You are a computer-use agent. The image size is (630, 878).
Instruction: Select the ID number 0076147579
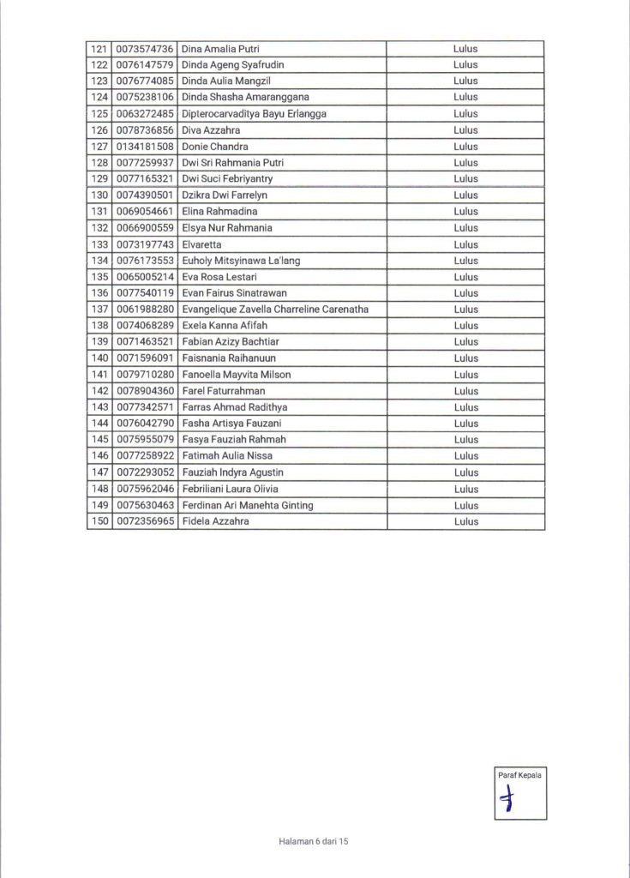coord(146,65)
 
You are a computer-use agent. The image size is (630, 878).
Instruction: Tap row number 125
coord(99,114)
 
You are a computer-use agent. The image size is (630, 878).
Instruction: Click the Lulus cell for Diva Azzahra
coord(465,130)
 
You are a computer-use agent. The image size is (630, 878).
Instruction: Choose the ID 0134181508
coord(146,147)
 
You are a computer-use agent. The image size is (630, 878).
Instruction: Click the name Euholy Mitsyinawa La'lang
coord(241,261)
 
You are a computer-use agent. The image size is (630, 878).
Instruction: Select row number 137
coord(99,310)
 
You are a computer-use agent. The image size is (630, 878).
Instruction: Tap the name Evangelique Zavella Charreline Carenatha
coord(275,310)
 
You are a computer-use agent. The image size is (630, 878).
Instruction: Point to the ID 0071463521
coord(146,342)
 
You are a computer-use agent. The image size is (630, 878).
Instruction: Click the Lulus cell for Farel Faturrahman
coord(465,391)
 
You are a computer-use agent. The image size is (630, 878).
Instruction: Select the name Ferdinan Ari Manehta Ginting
coord(248,505)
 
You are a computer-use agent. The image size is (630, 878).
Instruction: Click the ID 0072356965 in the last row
coord(146,521)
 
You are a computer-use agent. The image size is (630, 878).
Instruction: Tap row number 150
coord(99,521)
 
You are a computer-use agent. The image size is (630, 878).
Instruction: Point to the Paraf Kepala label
coord(519,775)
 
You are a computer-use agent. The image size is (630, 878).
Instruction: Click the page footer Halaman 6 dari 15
coord(314,842)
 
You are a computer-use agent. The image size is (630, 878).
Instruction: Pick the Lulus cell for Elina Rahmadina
coord(465,212)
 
